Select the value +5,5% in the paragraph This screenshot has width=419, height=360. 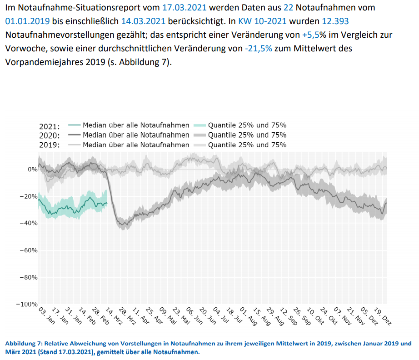click(x=314, y=35)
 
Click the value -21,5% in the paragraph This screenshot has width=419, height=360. click(x=258, y=48)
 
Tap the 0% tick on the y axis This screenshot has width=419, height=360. click(x=32, y=169)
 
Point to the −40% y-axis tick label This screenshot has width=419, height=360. click(x=28, y=223)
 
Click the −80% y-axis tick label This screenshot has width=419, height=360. click(x=28, y=277)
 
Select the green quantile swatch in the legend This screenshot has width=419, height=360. click(x=200, y=125)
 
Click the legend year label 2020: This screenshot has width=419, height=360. click(x=50, y=135)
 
